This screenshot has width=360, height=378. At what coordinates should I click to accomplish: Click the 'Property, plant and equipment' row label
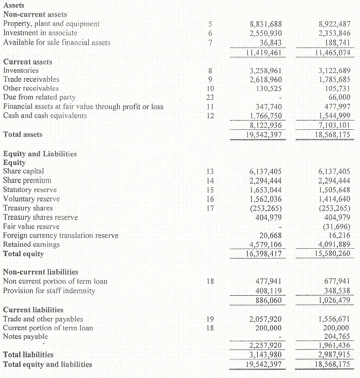[52, 24]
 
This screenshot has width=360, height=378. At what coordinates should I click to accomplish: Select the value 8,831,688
[265, 24]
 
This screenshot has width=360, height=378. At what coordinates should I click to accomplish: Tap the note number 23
[210, 97]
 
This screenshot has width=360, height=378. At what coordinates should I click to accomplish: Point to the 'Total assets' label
[23, 134]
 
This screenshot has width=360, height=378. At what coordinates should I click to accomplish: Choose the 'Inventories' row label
[21, 70]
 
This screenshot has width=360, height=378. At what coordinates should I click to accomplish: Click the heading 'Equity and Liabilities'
[40, 154]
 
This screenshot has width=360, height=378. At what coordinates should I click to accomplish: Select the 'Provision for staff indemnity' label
[50, 291]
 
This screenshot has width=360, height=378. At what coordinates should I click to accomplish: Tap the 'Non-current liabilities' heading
[41, 271]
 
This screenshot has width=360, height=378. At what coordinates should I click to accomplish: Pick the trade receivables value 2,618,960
[265, 80]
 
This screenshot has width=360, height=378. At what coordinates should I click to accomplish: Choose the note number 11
[210, 107]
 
